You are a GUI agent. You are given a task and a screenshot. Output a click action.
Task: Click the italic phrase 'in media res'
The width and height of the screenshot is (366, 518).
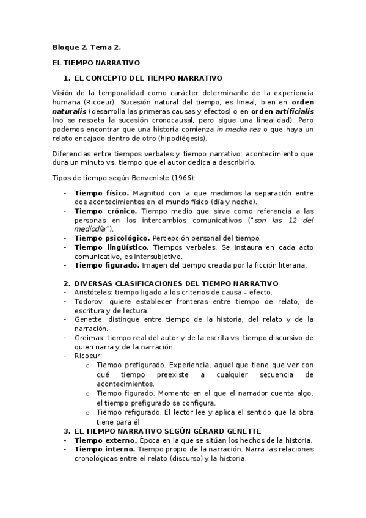pos(238,129)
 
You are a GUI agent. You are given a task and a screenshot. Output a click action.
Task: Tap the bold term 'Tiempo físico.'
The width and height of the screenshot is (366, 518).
pos(101,193)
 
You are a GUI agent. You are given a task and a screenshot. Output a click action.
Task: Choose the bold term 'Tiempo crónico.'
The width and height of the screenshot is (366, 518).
pos(104,210)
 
